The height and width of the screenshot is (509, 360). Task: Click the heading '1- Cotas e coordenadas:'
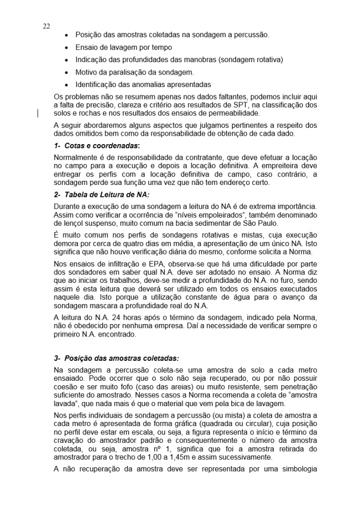point(97,146)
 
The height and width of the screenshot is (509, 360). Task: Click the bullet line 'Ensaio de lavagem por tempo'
point(124,47)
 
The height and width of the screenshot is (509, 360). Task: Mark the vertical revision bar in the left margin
point(38,114)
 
